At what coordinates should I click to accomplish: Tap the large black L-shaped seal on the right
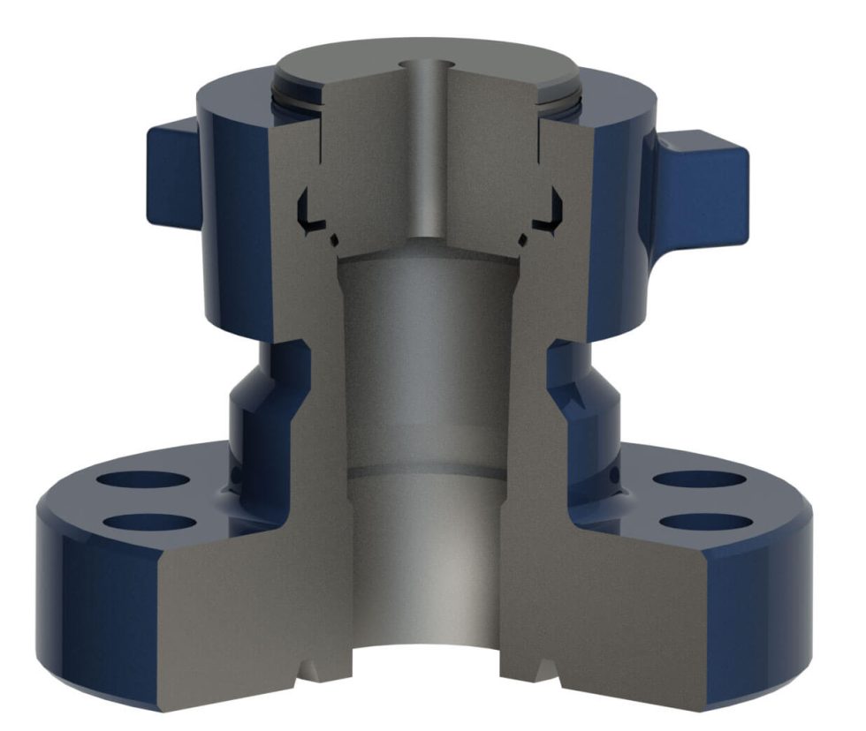553,210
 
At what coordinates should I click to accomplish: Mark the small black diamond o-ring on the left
333,239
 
